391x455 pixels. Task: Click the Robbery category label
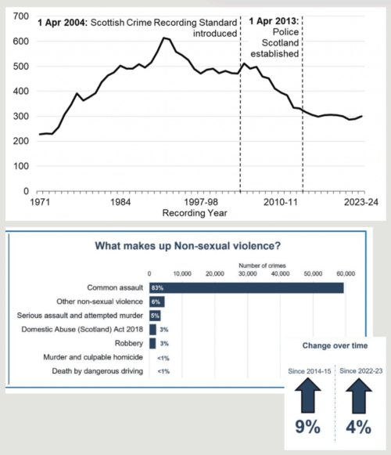coord(129,342)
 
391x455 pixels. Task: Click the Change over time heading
coord(333,345)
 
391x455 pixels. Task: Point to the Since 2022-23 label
coord(360,370)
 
